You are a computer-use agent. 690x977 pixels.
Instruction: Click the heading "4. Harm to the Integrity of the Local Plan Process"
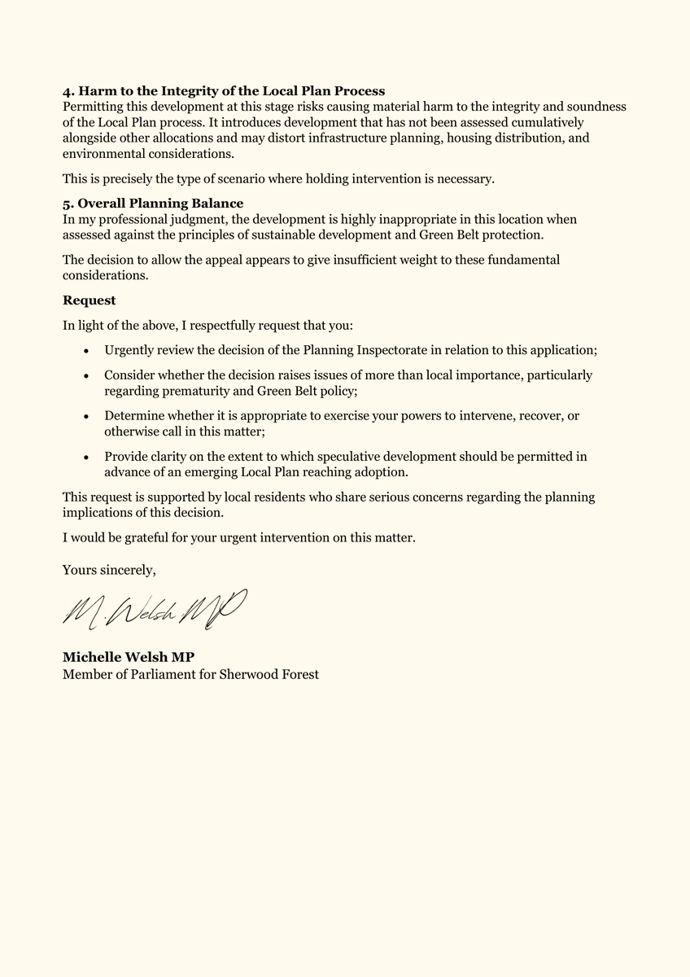tap(224, 91)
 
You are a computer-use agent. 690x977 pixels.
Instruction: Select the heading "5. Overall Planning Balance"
tap(153, 204)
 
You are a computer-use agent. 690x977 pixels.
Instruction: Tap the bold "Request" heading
tap(89, 300)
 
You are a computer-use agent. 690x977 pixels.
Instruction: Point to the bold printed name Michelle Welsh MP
tap(129, 658)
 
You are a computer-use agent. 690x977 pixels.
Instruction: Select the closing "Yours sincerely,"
tap(109, 571)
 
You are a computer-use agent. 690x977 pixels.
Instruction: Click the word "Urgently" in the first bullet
tap(130, 350)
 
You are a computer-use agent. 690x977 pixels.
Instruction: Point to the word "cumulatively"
tap(547, 123)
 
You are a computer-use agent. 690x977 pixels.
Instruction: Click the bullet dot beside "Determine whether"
tap(86, 416)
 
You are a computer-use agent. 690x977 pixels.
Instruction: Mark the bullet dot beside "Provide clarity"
tap(86, 457)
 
